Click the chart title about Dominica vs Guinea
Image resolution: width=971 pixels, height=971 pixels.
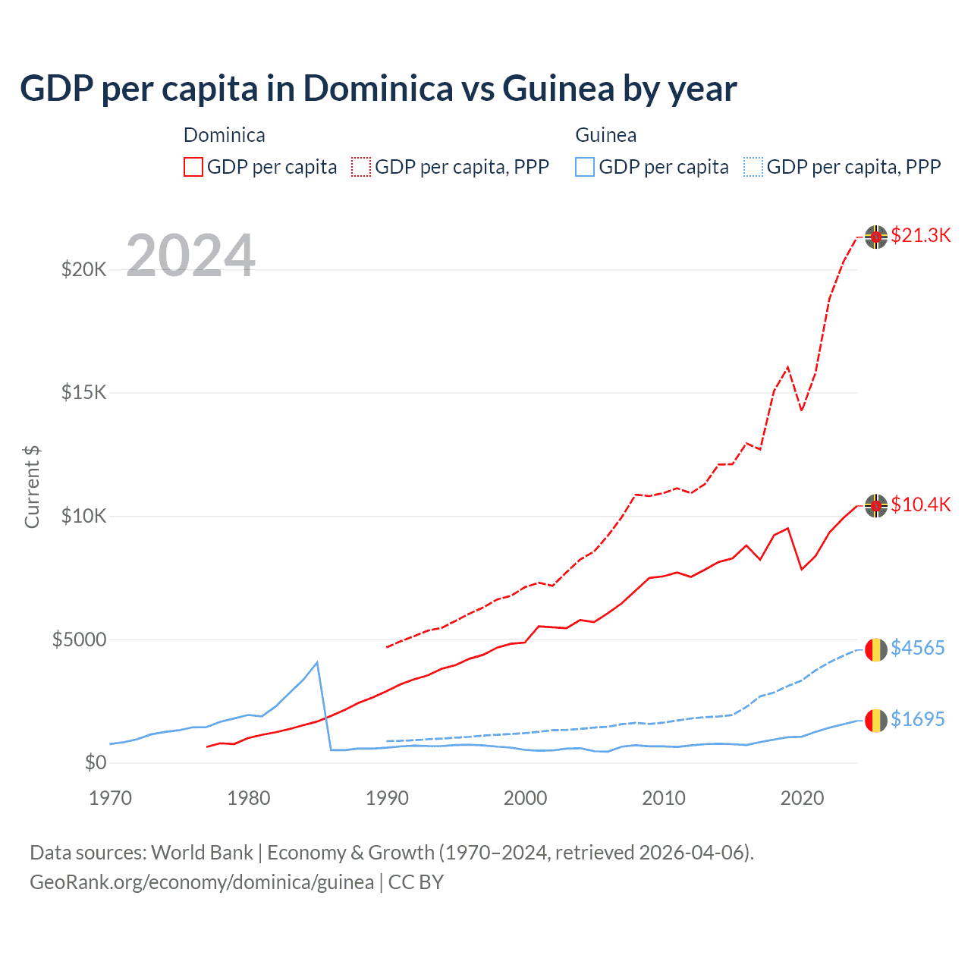(378, 89)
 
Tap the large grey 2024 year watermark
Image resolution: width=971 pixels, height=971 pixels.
(190, 256)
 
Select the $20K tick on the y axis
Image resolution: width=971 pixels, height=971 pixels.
(83, 269)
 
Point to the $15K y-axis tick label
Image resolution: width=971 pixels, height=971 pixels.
(83, 392)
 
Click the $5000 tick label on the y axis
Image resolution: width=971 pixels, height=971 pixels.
(79, 639)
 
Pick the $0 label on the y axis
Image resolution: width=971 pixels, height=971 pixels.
(95, 762)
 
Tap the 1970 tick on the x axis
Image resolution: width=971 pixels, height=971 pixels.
(110, 798)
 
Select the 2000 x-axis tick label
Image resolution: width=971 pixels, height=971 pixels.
(525, 798)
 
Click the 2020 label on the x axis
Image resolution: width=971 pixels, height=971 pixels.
(802, 798)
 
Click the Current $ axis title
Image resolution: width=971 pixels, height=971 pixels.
(32, 486)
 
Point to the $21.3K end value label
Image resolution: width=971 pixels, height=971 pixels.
(920, 235)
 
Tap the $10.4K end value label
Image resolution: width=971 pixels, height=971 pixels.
(920, 504)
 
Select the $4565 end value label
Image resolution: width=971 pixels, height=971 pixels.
(917, 648)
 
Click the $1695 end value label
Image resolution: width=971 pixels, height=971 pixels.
(917, 719)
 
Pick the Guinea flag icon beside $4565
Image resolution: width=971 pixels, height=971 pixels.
(876, 650)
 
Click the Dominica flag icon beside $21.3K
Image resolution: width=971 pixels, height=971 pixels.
(876, 237)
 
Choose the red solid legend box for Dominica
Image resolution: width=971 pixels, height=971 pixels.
(193, 167)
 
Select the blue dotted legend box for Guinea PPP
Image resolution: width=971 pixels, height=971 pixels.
(753, 167)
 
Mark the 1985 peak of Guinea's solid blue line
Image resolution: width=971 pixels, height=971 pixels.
(317, 662)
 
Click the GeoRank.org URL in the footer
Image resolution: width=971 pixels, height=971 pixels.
(202, 882)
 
